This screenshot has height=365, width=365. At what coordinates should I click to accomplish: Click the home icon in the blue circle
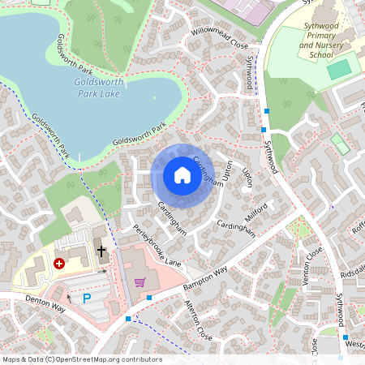[x=182, y=174]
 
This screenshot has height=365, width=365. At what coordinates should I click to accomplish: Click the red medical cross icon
[x=58, y=264]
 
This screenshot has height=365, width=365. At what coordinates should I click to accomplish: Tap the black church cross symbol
[x=101, y=251]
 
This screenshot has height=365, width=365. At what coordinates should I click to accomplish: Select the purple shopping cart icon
[x=140, y=282]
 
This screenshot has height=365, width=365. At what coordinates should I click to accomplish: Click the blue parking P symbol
[x=87, y=299]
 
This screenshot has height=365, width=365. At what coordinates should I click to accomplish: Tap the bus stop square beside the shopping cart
[x=150, y=298]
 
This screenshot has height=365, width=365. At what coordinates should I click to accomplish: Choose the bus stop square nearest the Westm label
[x=345, y=337]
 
